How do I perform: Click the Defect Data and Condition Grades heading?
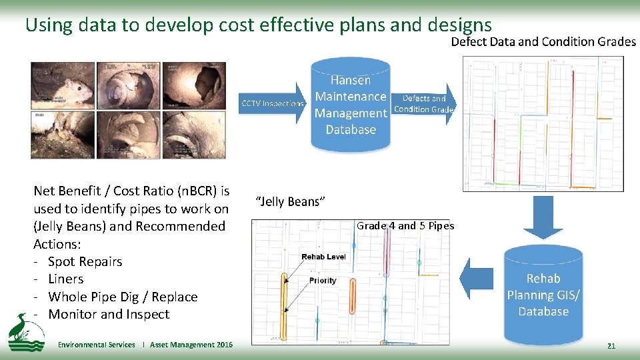543,41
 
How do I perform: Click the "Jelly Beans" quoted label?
291,201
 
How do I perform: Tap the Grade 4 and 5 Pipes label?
405,225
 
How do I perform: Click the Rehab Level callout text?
323,257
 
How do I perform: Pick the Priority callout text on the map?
323,281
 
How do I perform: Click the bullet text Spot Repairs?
85,261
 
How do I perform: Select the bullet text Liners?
66,279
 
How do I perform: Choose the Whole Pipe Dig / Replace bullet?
123,297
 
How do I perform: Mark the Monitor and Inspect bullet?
109,314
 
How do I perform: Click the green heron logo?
25,333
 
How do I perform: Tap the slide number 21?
611,345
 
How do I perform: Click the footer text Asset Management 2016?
191,345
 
